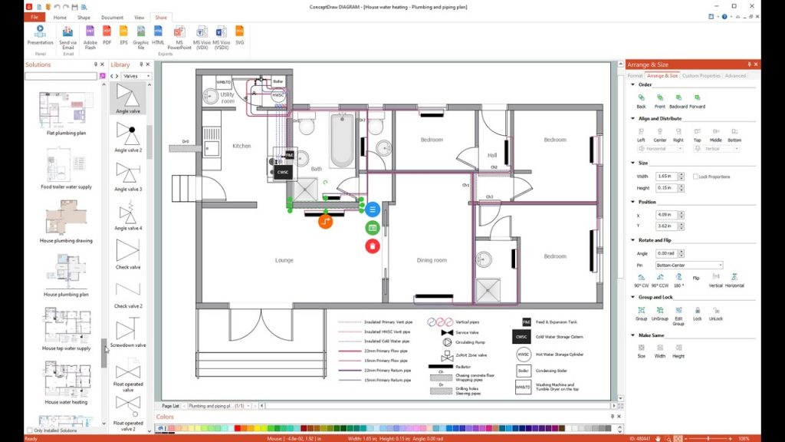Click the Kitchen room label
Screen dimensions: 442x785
pos(241,146)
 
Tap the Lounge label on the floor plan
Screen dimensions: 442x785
pos(284,260)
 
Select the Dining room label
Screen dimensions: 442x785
pos(431,260)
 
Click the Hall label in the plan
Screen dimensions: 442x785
pos(492,155)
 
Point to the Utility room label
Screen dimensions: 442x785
pos(228,98)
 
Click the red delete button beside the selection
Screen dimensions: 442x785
pos(372,246)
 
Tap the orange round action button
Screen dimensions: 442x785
pos(326,222)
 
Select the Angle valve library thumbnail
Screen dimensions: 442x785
pos(128,95)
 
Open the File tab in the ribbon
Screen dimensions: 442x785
pos(34,16)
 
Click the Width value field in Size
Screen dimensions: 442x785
pos(666,176)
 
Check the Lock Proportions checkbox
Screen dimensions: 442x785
pos(695,176)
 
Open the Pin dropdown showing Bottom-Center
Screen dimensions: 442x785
pos(688,266)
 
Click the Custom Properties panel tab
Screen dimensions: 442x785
pos(701,76)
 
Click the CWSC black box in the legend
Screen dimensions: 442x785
pos(523,337)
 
